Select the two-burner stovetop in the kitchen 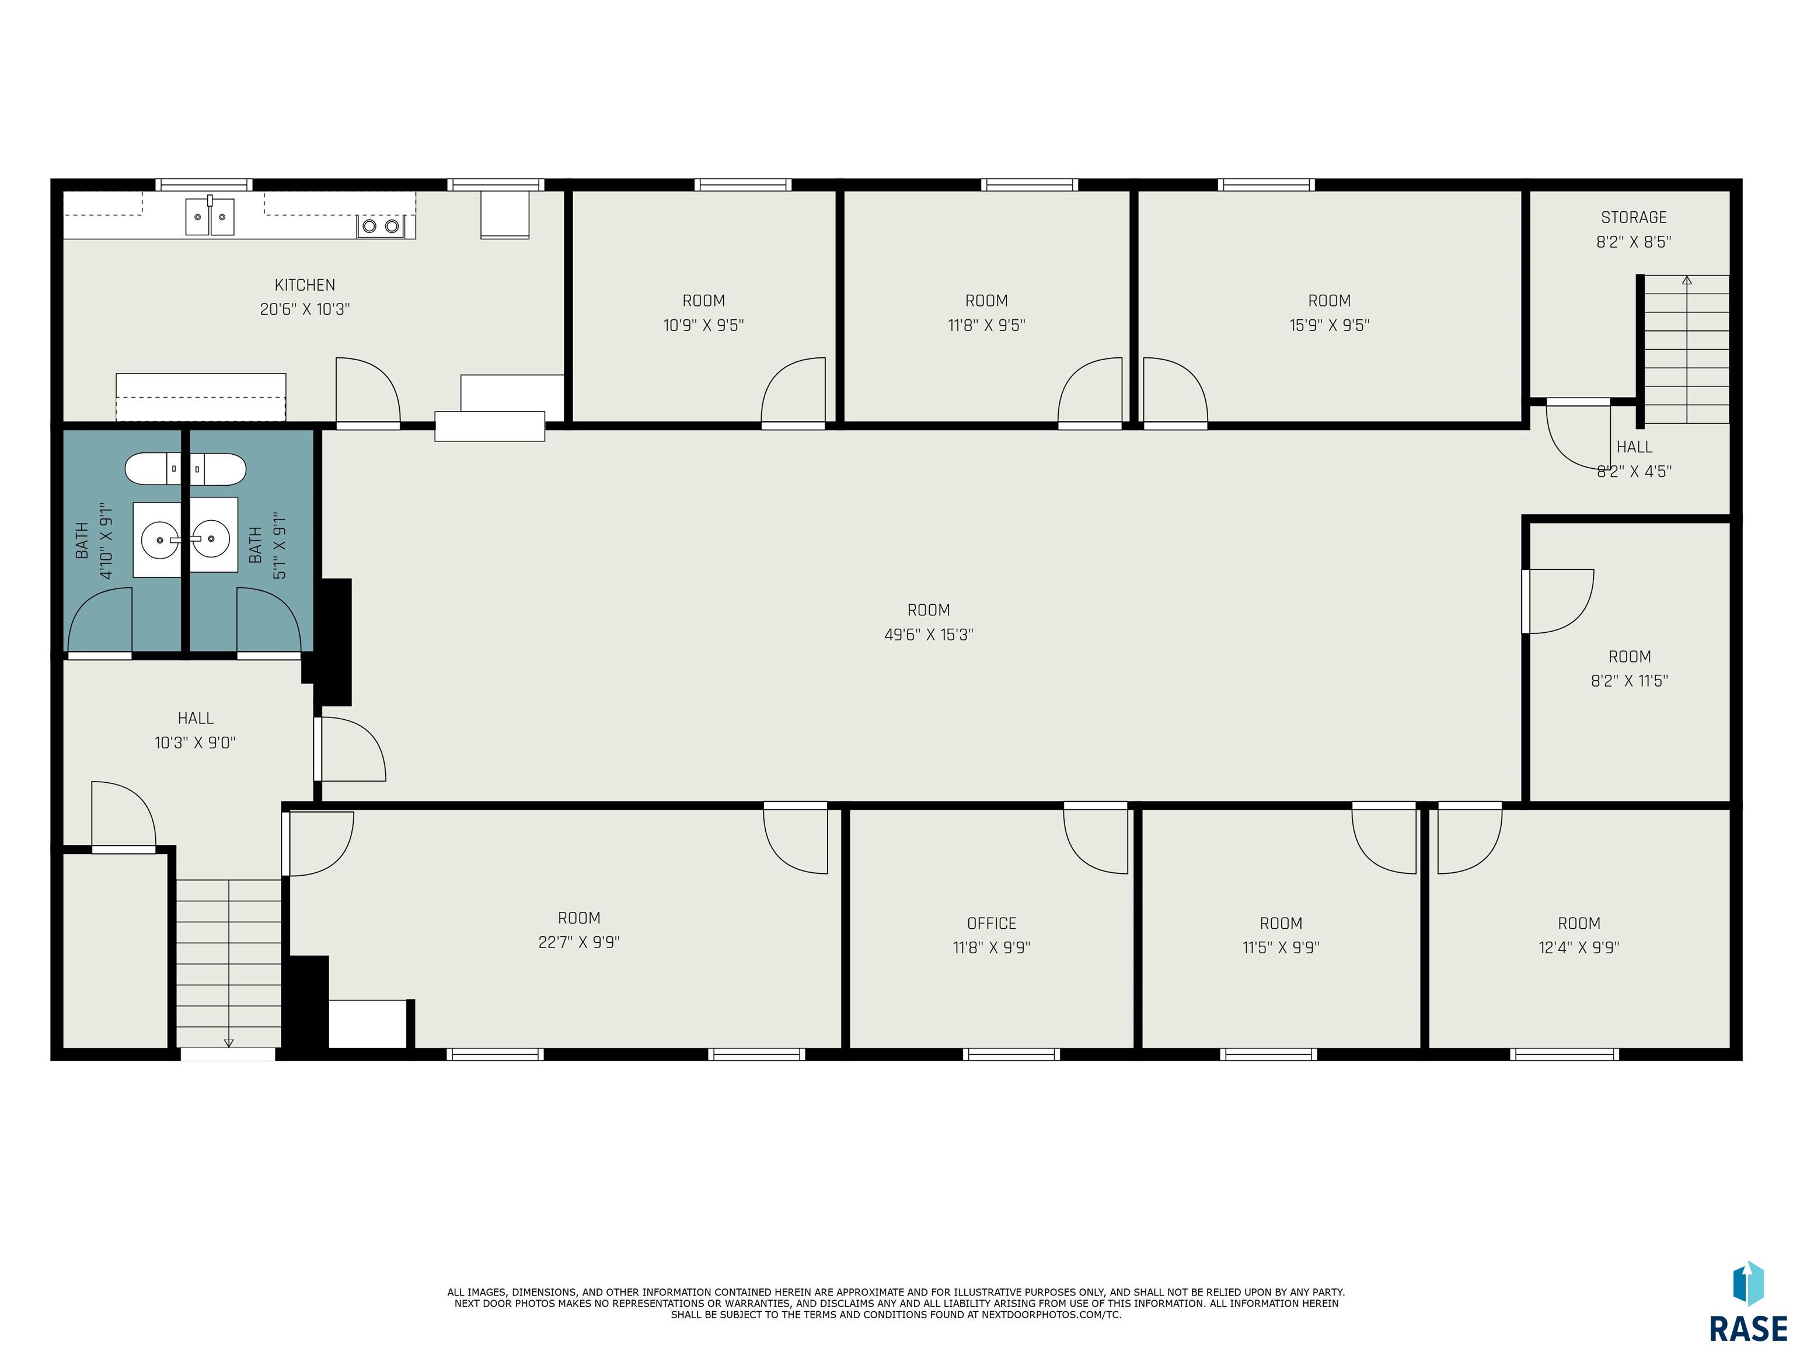pyautogui.click(x=380, y=226)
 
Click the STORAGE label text pyautogui.click(x=1633, y=217)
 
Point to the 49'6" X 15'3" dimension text pyautogui.click(x=929, y=635)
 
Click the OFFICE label pyautogui.click(x=991, y=924)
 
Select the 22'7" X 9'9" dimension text pyautogui.click(x=579, y=942)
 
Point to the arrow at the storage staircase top pyautogui.click(x=1687, y=281)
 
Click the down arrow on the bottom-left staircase pyautogui.click(x=229, y=1043)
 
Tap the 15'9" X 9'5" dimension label pyautogui.click(x=1330, y=325)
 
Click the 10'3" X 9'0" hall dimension pyautogui.click(x=196, y=743)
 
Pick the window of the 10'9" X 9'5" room pyautogui.click(x=742, y=185)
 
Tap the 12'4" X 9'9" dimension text pyautogui.click(x=1579, y=947)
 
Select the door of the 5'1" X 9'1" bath pyautogui.click(x=268, y=620)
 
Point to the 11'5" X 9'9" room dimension pyautogui.click(x=1281, y=947)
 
